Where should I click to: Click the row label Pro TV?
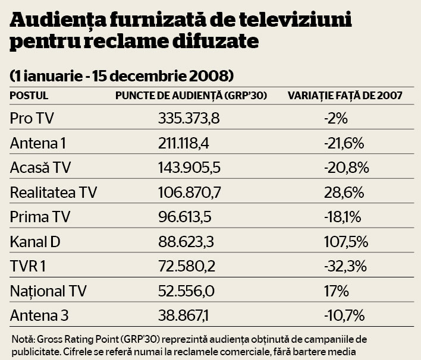pos(32,118)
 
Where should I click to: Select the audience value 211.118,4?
pos(189,143)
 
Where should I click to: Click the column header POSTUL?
pos(29,95)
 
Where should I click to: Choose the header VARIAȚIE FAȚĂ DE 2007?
pos(345,95)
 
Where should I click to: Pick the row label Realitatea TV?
pos(54,192)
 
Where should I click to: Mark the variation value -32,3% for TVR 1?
pos(344,266)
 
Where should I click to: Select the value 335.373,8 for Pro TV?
pos(189,118)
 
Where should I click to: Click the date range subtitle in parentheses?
pos(121,76)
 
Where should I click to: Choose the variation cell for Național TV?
pos(336,291)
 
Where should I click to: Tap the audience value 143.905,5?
pos(189,168)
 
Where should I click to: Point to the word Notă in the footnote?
pos(23,339)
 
